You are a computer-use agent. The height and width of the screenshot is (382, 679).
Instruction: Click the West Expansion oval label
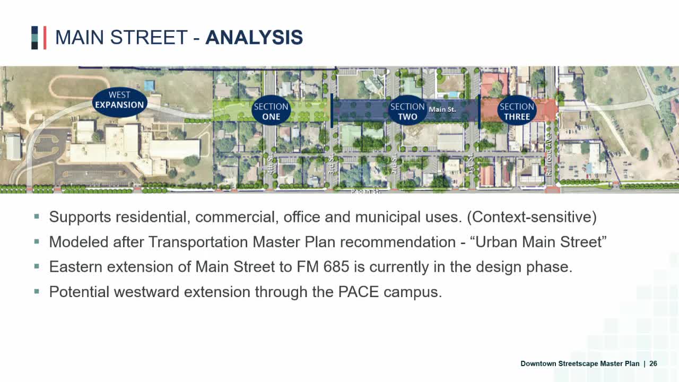tap(119, 100)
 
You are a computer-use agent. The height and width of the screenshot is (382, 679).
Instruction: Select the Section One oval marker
tap(271, 111)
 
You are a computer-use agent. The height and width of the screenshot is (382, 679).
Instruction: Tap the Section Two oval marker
tap(407, 111)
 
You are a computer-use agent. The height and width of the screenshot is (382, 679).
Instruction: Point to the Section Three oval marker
tap(517, 111)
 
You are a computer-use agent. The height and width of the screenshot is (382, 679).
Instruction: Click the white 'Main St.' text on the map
tap(442, 109)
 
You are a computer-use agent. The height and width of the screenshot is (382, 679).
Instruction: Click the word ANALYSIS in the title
tap(254, 38)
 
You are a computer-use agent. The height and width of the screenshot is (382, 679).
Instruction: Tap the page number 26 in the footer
tap(653, 363)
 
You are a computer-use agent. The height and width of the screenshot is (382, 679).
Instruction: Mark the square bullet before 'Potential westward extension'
tap(37, 291)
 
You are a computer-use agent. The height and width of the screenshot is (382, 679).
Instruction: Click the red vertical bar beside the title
tap(45, 38)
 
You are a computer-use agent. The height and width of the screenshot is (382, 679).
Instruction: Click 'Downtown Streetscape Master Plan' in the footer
tap(580, 363)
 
